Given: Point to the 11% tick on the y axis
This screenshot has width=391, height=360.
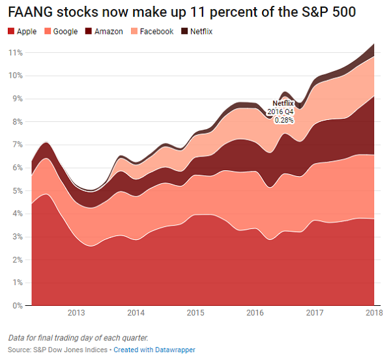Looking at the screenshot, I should tap(16, 52).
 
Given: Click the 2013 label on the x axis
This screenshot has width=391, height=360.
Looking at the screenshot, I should tap(76, 313).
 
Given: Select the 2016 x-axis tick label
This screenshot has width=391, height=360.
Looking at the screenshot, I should tap(255, 313).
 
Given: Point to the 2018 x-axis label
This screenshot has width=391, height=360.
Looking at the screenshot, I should tap(373, 313).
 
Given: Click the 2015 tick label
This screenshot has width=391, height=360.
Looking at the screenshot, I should tap(195, 313).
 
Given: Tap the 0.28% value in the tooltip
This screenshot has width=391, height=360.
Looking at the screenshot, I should tap(283, 120).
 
